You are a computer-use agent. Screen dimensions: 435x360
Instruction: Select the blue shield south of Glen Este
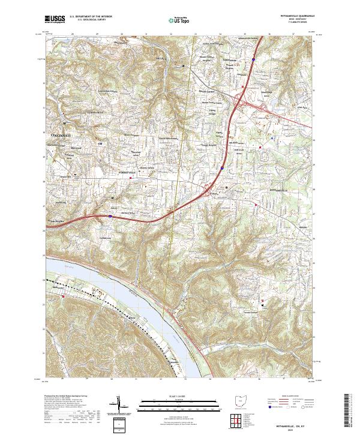pos(221,170)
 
